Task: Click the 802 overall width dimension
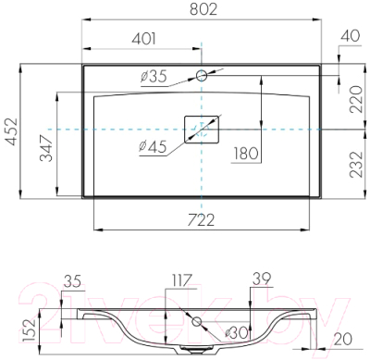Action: coord(201,11)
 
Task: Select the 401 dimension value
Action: coord(142,41)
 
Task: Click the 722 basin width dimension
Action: coord(201,219)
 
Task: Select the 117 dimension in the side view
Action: coord(180,279)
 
